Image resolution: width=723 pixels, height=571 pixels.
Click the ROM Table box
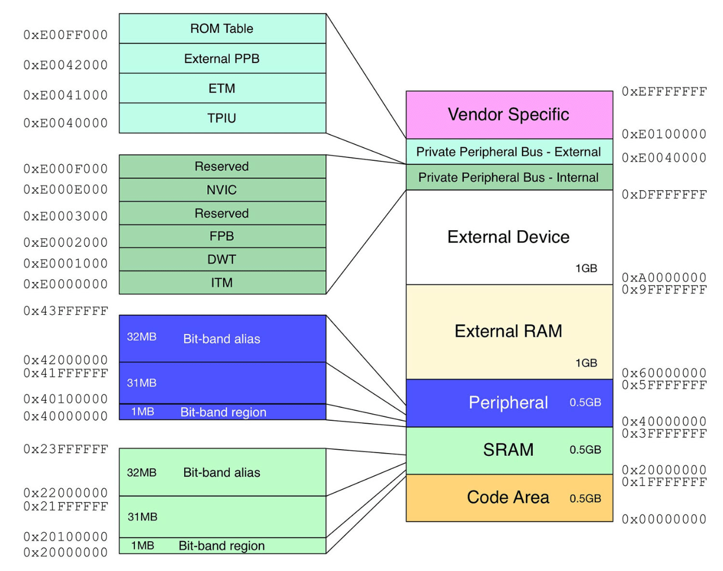coord(222,28)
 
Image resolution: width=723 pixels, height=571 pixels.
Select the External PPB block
coord(222,59)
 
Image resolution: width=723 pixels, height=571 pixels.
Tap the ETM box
coord(222,89)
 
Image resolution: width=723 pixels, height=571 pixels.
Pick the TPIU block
coord(222,118)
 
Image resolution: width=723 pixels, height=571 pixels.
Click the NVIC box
coord(222,190)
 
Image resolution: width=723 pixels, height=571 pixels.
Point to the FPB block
coord(222,236)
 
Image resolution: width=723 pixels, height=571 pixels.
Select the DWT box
coord(222,260)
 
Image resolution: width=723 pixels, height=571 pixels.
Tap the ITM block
coord(222,283)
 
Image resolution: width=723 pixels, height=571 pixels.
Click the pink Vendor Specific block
coord(508,115)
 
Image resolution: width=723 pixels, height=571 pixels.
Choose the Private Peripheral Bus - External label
coord(508,152)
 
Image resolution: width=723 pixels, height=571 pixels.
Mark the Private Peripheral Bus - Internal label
coord(508,178)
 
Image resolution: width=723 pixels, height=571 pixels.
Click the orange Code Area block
coord(508,498)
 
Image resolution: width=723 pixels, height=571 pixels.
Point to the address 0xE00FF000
coord(66,35)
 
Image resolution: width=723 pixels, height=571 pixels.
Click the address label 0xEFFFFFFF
coord(664,91)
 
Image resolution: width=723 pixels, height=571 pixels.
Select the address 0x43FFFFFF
coord(66,311)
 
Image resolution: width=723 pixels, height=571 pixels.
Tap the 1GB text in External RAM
coord(586,363)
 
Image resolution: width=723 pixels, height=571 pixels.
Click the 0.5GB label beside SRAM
coord(585,450)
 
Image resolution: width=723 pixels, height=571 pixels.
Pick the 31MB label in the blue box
coord(142,383)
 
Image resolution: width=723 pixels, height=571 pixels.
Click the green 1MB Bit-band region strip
coord(222,546)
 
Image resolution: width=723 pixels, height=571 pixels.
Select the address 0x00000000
coord(664,519)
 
